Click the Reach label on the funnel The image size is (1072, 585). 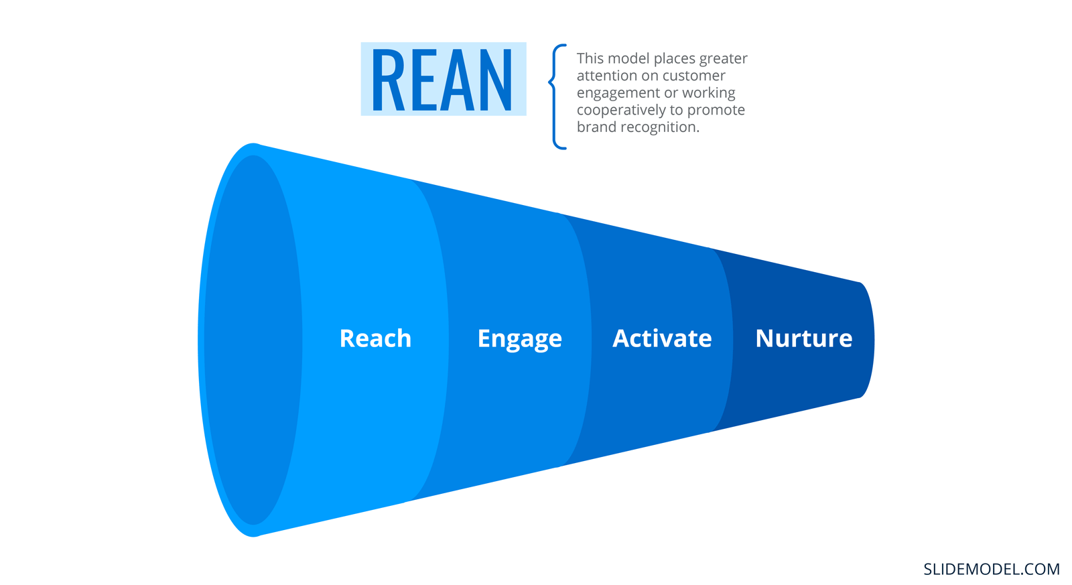tap(375, 338)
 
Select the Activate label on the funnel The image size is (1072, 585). tap(662, 338)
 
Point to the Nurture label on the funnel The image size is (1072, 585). tap(803, 338)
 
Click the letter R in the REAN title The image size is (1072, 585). tap(388, 80)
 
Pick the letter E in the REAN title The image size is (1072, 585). tap(423, 80)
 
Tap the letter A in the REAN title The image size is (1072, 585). tap(458, 80)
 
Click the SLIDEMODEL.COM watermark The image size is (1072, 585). tap(991, 569)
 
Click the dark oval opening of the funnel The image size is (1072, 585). tap(253, 340)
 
